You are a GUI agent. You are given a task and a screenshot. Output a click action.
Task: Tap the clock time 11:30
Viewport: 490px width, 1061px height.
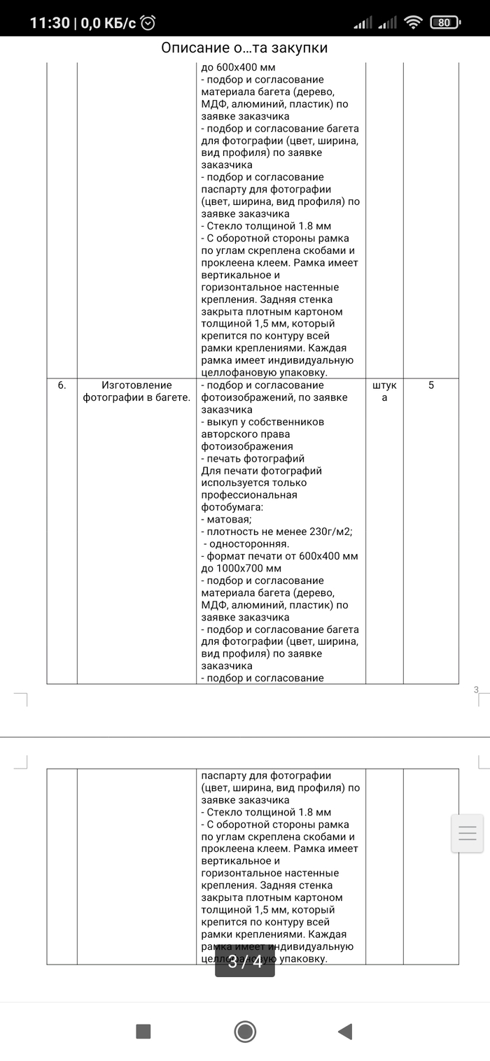(50, 22)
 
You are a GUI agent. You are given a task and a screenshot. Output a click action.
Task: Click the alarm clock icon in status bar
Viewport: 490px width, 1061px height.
(148, 22)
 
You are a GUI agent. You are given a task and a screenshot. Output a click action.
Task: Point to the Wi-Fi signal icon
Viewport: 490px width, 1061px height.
(414, 22)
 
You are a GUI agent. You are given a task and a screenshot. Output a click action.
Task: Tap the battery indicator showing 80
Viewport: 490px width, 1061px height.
(444, 22)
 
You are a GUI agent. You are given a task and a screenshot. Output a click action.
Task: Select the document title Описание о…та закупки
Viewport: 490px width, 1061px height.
(244, 48)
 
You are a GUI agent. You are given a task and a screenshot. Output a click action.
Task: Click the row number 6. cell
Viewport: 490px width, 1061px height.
(62, 385)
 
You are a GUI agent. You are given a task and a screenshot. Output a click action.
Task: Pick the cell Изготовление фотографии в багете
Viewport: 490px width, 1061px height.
(136, 392)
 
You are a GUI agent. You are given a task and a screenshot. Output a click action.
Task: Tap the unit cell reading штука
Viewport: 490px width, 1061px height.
(384, 392)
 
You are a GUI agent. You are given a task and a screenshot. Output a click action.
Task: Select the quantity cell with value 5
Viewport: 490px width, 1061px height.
(430, 385)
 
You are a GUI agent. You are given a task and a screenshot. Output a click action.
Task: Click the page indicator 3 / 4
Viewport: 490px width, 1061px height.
(245, 962)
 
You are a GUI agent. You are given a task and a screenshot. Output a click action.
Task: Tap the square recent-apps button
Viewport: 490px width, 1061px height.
(143, 1031)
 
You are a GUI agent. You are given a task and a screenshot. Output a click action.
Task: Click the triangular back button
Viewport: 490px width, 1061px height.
(344, 1031)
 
